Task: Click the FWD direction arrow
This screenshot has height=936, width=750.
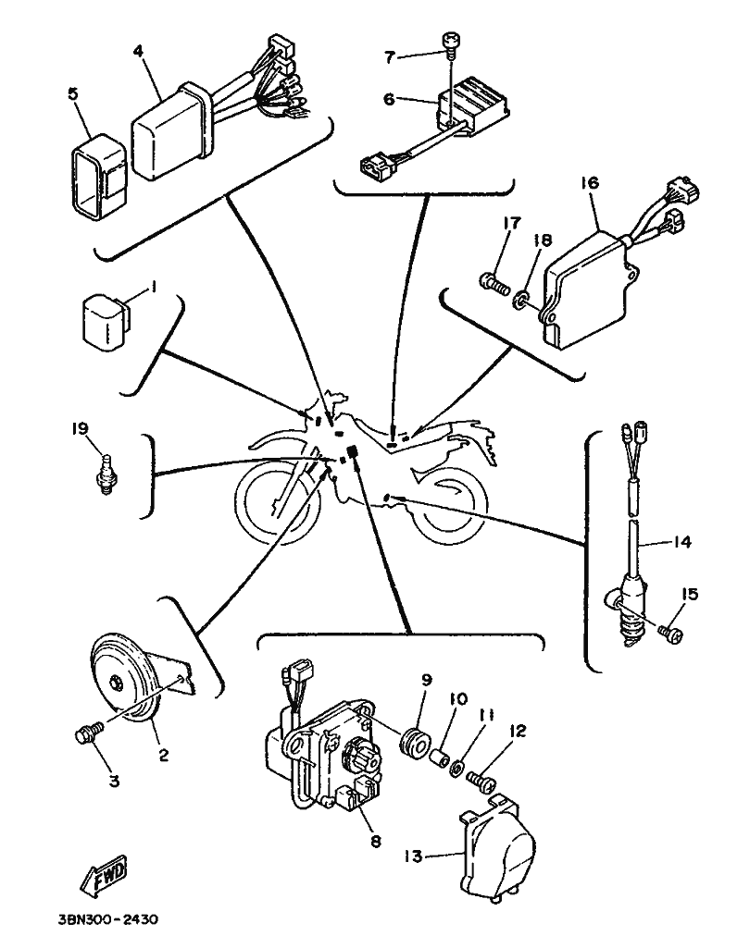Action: click(x=103, y=875)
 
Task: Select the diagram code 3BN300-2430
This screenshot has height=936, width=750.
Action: click(x=108, y=919)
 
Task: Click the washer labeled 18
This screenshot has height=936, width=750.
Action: click(x=521, y=297)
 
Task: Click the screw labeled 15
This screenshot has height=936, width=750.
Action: click(x=670, y=634)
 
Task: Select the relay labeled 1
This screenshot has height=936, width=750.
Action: click(x=106, y=319)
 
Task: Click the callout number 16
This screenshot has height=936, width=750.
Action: click(x=590, y=181)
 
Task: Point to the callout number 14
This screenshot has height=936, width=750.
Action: click(x=681, y=541)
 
